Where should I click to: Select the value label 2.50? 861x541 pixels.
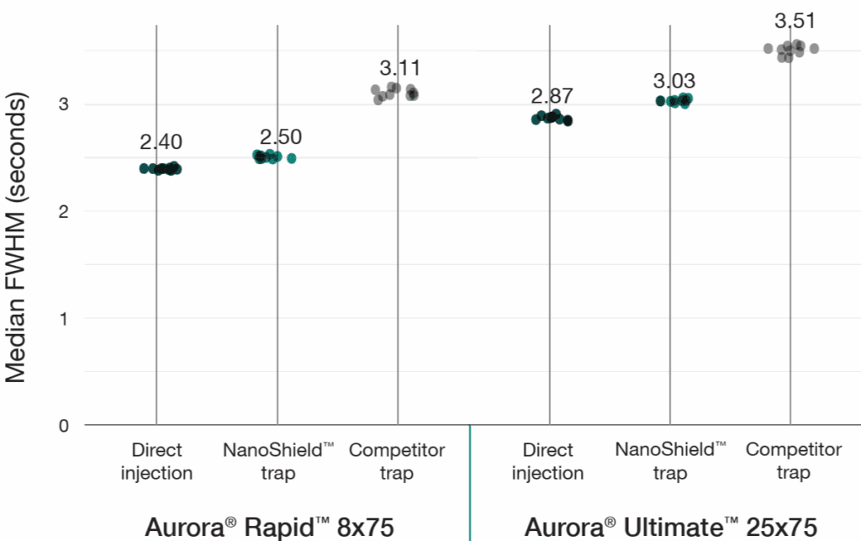coord(281,137)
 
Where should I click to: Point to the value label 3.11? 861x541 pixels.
coord(399,68)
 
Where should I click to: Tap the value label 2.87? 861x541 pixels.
coord(552,94)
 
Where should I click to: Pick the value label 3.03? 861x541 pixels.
coord(675,82)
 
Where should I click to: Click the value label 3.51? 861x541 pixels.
coord(794,20)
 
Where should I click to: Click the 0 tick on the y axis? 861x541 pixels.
coord(64,425)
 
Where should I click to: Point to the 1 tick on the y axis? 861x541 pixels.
coord(64,318)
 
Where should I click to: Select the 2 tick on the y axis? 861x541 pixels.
coord(64,211)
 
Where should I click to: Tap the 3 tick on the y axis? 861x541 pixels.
coord(64,104)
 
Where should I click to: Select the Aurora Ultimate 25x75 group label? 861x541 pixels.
coord(670,527)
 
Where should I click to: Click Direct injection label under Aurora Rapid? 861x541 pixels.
coord(156,461)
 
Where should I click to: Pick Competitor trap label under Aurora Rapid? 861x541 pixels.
coord(397,461)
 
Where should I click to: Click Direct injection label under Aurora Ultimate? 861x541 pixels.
coord(547,461)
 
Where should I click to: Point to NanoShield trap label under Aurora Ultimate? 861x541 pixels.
coord(671,461)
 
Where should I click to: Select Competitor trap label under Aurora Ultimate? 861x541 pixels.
coord(793,461)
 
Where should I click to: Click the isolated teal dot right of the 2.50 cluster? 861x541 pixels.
coord(292,158)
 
